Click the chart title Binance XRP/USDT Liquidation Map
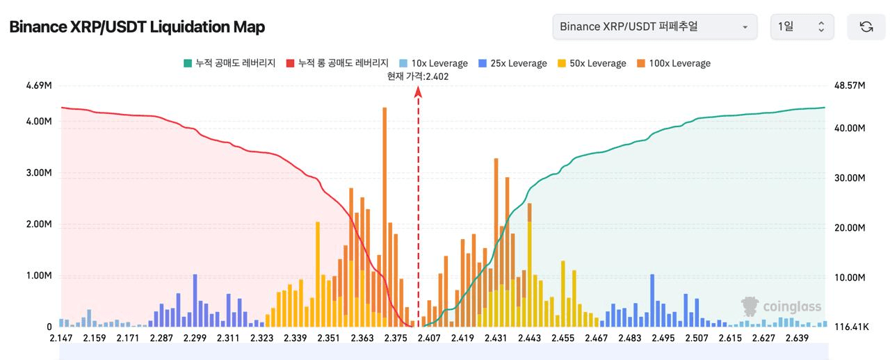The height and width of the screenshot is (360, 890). point(137,27)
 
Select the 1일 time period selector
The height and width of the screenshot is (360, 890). point(801,27)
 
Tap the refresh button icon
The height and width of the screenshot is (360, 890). point(866,27)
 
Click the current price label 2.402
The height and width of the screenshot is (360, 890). point(418,76)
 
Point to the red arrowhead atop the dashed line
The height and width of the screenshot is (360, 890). point(418,90)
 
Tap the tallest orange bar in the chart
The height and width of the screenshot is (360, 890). point(385,208)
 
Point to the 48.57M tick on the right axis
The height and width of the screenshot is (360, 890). point(849,86)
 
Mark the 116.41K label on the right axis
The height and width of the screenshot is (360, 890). point(849,327)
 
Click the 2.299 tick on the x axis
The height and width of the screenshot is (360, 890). point(195,338)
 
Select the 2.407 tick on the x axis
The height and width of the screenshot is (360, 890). point(429,338)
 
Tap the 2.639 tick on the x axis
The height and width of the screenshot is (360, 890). point(797,338)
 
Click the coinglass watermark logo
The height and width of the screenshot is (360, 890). point(781,306)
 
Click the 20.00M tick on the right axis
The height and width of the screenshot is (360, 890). point(849,228)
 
